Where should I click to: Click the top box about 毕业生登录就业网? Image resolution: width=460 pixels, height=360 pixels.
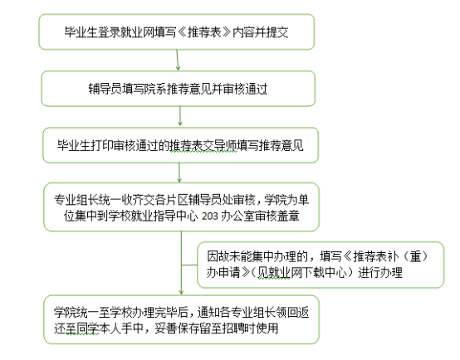(x=177, y=32)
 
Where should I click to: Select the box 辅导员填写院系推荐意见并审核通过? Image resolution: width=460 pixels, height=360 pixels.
(x=179, y=89)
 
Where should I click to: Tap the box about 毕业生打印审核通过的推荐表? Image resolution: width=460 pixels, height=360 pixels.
(x=180, y=145)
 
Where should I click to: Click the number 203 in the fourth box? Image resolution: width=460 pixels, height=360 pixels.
(x=210, y=216)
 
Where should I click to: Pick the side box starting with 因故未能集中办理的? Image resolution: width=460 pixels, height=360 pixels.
(x=321, y=265)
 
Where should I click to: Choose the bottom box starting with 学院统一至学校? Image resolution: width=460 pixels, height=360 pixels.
(x=181, y=319)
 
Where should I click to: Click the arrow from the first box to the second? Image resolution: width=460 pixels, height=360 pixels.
(x=177, y=60)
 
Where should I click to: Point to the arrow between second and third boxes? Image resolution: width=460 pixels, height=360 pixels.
(x=180, y=116)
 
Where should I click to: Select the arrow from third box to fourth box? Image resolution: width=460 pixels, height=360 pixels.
(x=179, y=173)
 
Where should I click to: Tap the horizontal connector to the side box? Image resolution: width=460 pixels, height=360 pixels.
(x=189, y=265)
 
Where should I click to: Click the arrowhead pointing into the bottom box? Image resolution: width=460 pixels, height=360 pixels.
(x=181, y=293)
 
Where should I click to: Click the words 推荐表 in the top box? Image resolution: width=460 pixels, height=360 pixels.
(x=204, y=32)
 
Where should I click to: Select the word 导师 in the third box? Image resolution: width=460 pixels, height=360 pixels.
(x=225, y=145)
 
